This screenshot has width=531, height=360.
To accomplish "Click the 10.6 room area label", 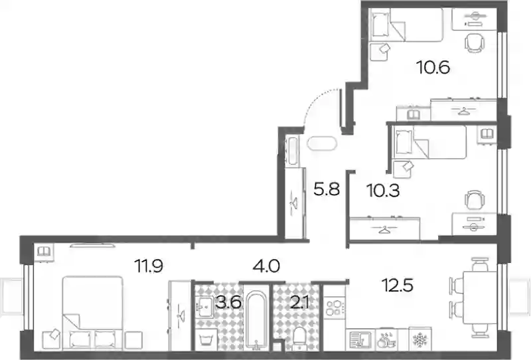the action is [x=433, y=68].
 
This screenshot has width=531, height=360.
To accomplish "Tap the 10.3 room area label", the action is [x=383, y=191].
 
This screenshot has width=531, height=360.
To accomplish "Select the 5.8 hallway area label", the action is [x=326, y=189].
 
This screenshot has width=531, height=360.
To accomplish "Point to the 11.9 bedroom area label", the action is [x=149, y=266].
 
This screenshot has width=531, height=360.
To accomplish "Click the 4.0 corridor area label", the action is [x=266, y=266].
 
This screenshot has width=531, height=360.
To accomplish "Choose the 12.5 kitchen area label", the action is [x=397, y=285].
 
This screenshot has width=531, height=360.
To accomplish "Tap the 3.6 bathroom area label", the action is [x=228, y=302].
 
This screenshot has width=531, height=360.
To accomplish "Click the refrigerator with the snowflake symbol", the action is [x=420, y=339].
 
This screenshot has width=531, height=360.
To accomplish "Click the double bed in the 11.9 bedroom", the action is [x=92, y=313].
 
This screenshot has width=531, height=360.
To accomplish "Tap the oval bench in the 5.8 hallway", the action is [x=322, y=143].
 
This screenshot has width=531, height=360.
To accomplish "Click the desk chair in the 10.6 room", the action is [x=474, y=43].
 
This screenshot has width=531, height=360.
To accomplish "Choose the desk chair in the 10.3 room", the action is [x=475, y=201].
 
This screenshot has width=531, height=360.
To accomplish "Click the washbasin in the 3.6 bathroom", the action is [x=204, y=307].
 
